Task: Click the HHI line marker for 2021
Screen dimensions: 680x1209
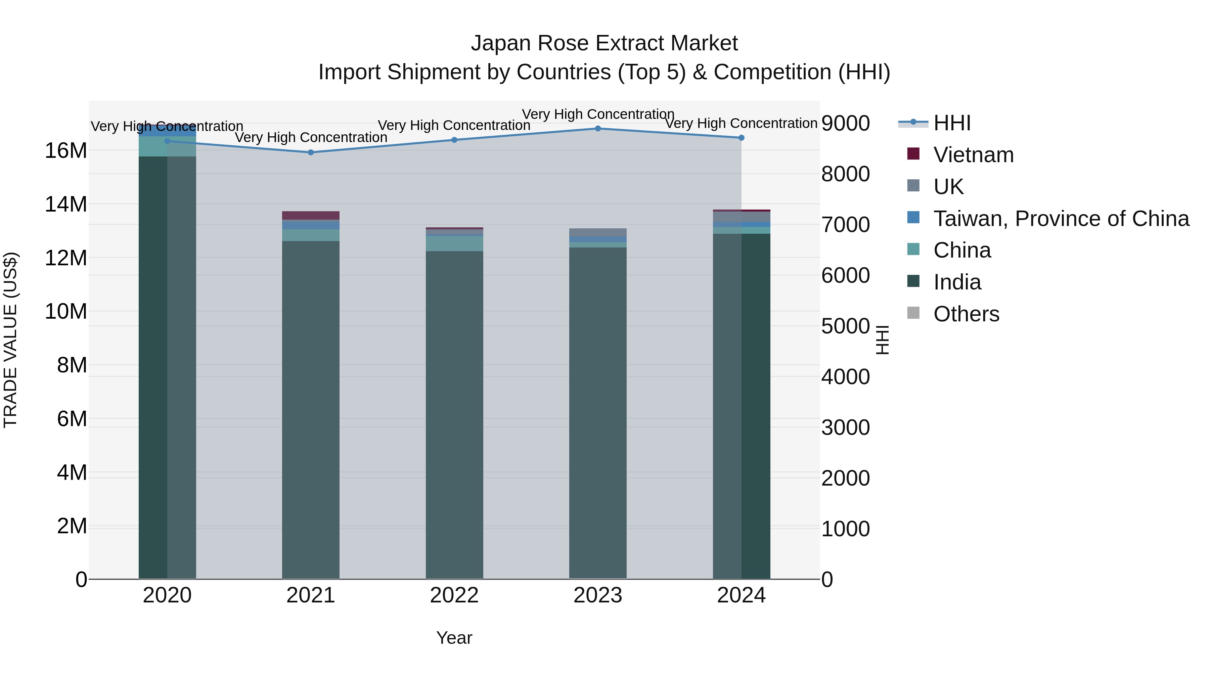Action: point(311,152)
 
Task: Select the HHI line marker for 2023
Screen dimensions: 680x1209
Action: point(598,129)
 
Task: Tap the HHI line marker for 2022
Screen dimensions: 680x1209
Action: point(454,140)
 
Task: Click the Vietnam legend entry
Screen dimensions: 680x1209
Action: point(973,155)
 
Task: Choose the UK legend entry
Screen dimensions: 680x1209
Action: point(948,187)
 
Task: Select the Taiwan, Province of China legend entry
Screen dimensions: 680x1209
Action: point(1061,219)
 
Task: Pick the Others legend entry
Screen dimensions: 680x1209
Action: point(966,314)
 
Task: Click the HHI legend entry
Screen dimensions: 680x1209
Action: point(952,123)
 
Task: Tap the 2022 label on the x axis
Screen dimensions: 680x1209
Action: point(454,595)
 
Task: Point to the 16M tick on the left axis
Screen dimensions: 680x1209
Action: point(66,151)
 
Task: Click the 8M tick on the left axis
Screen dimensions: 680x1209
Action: point(72,365)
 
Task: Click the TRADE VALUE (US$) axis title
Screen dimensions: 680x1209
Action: point(10,340)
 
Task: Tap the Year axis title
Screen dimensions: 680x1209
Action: point(454,638)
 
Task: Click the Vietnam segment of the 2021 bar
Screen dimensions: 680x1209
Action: point(311,215)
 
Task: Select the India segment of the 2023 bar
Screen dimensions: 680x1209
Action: point(598,413)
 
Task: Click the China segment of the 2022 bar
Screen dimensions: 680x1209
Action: point(454,243)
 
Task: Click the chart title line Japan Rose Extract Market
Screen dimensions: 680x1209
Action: point(604,43)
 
